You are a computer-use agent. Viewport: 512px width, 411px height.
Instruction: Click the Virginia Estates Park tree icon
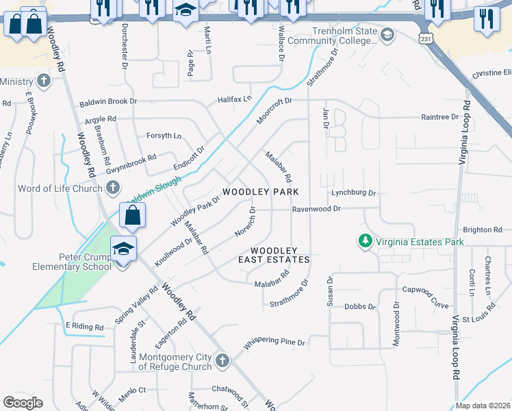[366, 241]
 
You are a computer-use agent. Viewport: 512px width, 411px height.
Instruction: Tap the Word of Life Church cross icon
[113, 188]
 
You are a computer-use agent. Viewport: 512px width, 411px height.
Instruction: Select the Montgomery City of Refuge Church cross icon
[221, 360]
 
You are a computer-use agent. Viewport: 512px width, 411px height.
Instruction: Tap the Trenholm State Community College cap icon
[387, 34]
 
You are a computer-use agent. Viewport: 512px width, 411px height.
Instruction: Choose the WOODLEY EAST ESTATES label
[274, 255]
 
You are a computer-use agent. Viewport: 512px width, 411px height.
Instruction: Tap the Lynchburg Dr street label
[354, 193]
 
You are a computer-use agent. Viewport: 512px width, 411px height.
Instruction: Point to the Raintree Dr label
[440, 117]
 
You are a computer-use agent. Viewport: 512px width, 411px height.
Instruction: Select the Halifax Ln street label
[235, 99]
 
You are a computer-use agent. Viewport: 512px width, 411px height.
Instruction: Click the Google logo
[23, 403]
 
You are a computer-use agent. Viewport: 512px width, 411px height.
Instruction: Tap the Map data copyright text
[482, 406]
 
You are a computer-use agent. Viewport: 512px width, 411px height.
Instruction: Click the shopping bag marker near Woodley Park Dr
[133, 215]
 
